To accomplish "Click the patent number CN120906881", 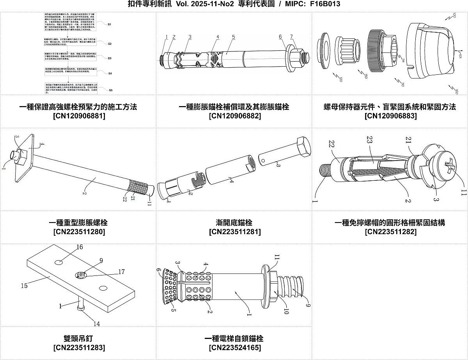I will point(78,116).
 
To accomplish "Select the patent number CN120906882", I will point(234,116).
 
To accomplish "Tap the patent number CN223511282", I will point(390,232).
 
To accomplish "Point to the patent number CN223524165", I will point(234,348).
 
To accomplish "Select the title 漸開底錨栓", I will point(234,222).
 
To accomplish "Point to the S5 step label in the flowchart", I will point(110,90).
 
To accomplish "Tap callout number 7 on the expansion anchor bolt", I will point(291,37).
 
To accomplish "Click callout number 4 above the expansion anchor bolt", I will point(218,37).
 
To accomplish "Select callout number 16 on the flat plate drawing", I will point(80,247).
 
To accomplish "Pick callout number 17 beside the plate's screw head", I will point(121,272).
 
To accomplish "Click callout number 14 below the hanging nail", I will point(96,323).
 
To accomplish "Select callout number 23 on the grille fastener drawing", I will point(369,139).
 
